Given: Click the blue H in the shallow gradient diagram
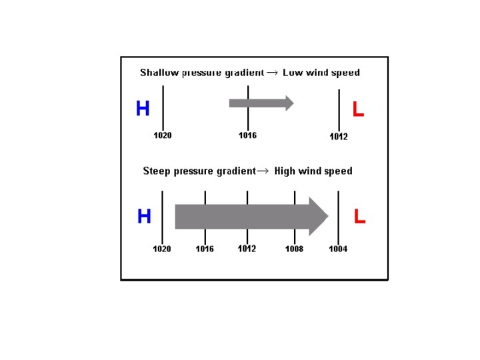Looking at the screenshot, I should (x=143, y=109).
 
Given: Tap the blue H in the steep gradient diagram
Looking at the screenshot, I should (x=144, y=217).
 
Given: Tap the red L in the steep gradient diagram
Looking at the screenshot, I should (x=359, y=217).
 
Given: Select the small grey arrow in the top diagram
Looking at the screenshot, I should (x=261, y=103).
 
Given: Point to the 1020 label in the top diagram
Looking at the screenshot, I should (x=163, y=135).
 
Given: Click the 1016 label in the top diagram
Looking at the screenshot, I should (x=247, y=135).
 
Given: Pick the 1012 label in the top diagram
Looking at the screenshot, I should (x=339, y=137).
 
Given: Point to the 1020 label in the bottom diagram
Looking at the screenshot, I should (x=162, y=249).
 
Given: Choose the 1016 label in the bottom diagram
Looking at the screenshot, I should (x=205, y=249).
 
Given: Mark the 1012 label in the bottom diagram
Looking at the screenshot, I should (x=247, y=249).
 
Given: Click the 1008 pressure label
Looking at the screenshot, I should (x=294, y=249).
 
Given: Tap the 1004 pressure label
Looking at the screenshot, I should (x=338, y=249).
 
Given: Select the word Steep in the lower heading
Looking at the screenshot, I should (x=157, y=171).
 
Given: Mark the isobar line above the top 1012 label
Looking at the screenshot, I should (x=339, y=110).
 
